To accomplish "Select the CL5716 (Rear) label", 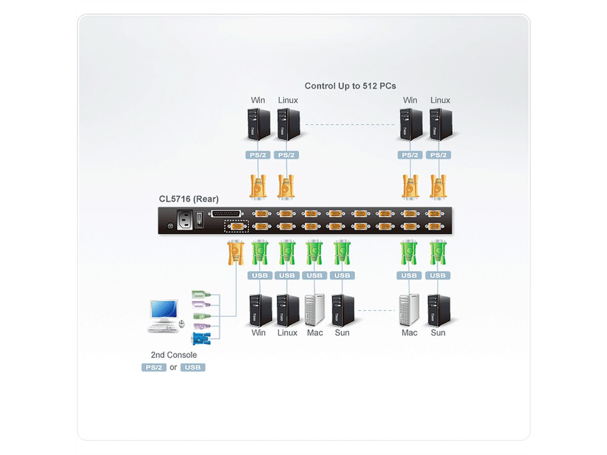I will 189,199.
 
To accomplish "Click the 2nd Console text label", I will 174,355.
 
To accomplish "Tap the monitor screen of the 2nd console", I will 164,310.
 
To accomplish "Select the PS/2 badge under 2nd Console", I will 154,368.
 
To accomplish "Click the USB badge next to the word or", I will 193,368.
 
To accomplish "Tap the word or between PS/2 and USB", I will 173,368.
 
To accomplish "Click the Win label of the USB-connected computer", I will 258,333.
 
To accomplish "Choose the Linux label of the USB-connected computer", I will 287,333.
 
